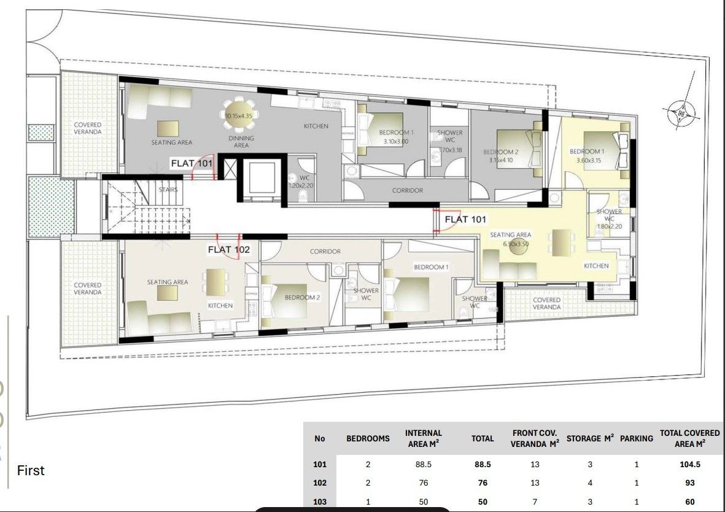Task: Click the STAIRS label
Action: click(x=168, y=190)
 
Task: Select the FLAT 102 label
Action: click(x=228, y=249)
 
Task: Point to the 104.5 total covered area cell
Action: click(x=690, y=464)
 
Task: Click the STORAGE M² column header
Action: click(x=590, y=438)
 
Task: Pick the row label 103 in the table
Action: click(x=319, y=502)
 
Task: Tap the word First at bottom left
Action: click(x=31, y=471)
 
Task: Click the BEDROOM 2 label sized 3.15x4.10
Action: click(x=501, y=156)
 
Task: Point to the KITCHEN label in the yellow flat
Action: click(x=596, y=266)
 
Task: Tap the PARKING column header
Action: click(x=637, y=438)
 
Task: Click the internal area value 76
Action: click(x=423, y=483)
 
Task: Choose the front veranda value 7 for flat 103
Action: click(x=535, y=502)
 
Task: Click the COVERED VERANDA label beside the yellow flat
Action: click(x=546, y=303)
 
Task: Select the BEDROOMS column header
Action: click(x=368, y=438)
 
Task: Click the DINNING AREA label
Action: click(x=241, y=142)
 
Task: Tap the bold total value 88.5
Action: click(x=482, y=464)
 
